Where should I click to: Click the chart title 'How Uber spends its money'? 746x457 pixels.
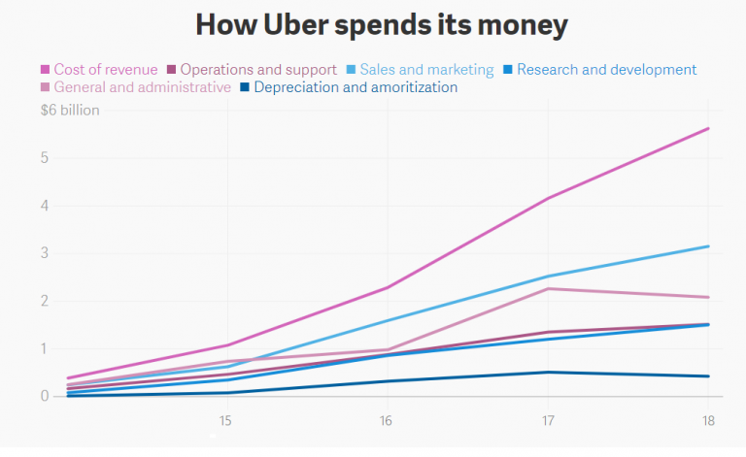point(381,24)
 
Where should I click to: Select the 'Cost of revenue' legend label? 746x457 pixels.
point(105,70)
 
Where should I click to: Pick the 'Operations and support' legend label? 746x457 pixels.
point(258,70)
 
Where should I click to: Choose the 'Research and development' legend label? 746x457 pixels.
point(606,70)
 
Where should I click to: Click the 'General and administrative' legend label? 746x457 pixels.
point(143,87)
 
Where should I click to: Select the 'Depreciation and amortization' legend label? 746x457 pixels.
point(356,87)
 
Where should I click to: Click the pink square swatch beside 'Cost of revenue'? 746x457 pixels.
point(45,70)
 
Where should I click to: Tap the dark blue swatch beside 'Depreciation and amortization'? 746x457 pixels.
point(246,87)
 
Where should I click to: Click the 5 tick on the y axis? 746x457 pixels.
point(45,157)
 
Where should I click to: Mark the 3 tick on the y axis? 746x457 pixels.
point(45,253)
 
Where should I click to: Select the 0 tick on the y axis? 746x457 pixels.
point(45,396)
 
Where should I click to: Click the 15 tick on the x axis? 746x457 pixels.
point(225,420)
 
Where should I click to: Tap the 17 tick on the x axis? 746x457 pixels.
point(548,420)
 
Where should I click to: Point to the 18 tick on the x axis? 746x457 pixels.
point(708,420)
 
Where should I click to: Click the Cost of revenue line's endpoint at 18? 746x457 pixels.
point(708,128)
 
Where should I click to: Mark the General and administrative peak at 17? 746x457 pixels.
point(548,288)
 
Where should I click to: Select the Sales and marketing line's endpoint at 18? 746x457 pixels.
point(708,246)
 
